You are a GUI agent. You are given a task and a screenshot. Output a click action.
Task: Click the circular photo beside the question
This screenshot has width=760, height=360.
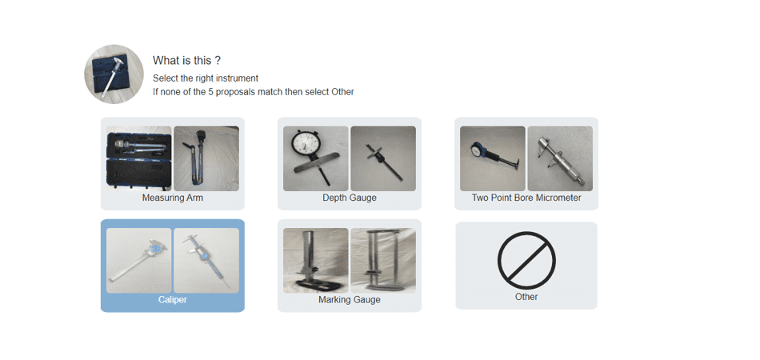coord(114,74)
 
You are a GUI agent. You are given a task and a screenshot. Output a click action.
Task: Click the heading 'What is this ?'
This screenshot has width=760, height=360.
coord(187,61)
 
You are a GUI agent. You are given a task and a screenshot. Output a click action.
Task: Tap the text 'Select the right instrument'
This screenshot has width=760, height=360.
coord(206,78)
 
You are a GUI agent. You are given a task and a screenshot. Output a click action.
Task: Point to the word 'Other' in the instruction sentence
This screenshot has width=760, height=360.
coord(342,91)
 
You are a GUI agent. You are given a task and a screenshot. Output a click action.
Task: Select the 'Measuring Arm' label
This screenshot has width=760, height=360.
coord(173,198)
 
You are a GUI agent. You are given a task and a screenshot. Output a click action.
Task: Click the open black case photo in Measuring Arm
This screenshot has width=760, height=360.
coord(138,158)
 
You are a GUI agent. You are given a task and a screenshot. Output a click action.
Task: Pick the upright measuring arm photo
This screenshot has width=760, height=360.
coord(206,158)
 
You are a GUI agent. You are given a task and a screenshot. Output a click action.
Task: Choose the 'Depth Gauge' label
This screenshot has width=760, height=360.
coord(350,198)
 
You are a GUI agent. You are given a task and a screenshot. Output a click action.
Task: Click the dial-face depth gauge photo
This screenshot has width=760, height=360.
coord(315,158)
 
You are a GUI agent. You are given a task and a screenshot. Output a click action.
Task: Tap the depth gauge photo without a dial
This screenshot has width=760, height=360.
coord(383,158)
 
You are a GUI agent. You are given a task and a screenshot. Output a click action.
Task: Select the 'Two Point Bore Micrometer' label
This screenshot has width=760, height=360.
coord(526,198)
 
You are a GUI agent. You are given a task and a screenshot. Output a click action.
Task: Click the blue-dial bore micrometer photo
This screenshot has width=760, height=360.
coord(493,158)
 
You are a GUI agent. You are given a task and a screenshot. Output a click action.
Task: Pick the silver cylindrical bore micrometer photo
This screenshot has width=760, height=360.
coord(560,158)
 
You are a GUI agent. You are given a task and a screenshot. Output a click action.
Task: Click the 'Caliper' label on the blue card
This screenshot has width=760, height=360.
coord(173,300)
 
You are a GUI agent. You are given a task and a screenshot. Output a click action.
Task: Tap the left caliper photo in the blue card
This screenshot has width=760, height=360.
coord(138,261)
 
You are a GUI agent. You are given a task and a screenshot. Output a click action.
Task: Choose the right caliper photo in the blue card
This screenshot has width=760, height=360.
coord(206,261)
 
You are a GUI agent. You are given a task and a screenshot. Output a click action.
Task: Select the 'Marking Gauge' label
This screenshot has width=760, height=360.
coord(350,300)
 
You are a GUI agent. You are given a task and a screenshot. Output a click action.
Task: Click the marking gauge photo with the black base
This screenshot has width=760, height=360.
coord(315,261)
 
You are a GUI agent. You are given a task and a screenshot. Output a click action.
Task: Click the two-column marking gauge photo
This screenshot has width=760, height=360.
coord(383,261)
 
